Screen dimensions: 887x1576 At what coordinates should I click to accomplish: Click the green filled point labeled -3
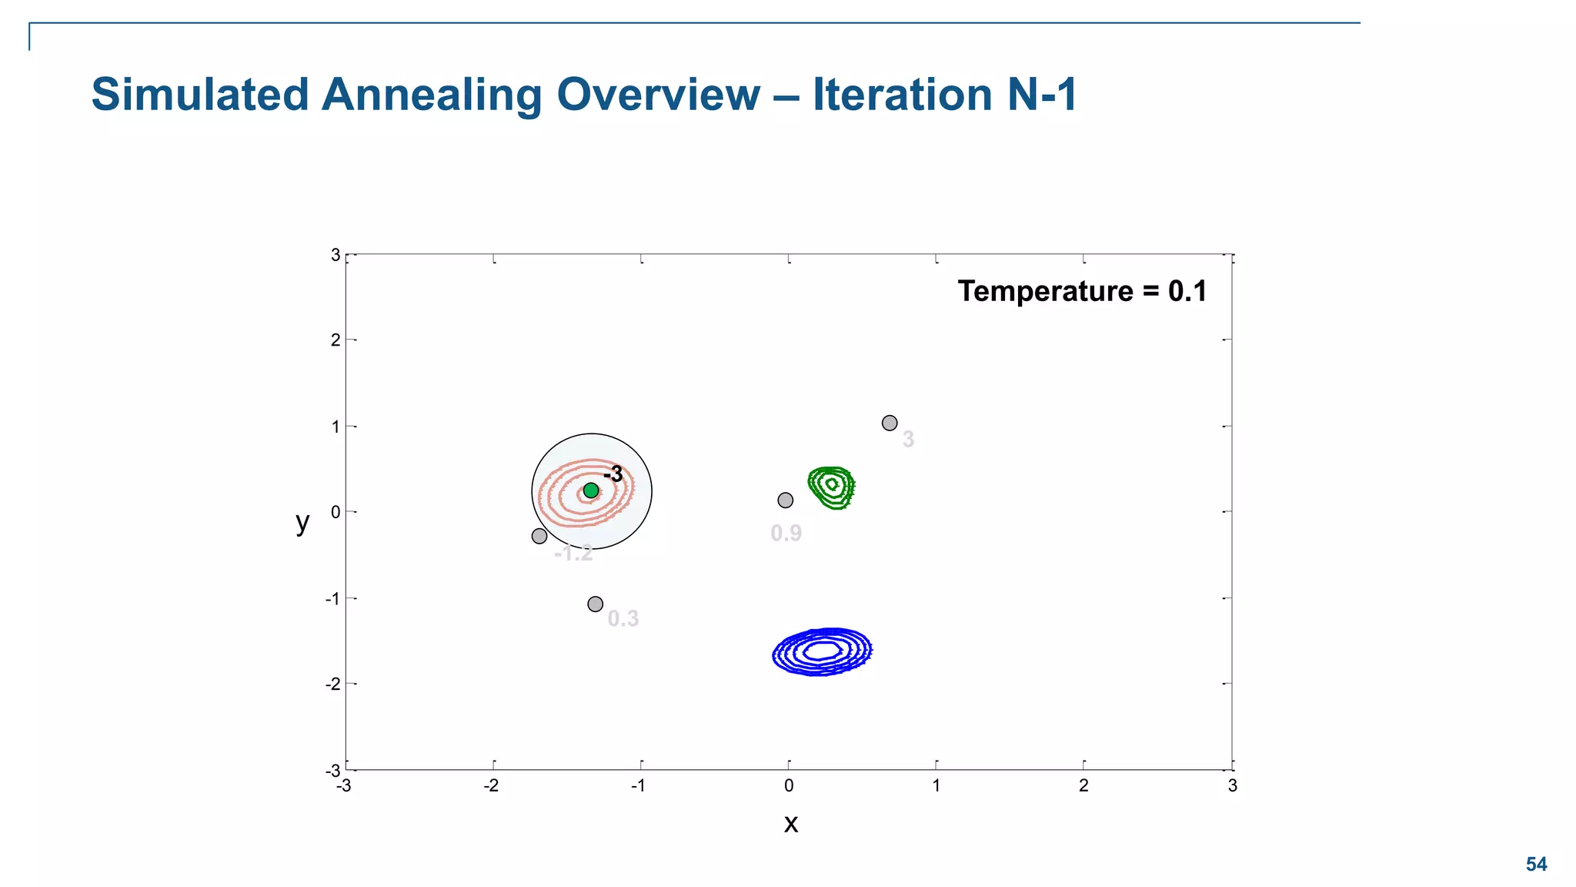click(591, 490)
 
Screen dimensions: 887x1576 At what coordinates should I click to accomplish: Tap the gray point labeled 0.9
click(785, 500)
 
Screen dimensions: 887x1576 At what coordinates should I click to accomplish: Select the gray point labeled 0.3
click(595, 604)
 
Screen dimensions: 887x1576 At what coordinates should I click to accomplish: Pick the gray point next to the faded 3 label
click(890, 423)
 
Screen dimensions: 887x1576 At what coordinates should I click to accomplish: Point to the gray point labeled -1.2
click(539, 536)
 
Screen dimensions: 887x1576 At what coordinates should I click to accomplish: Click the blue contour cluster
click(822, 652)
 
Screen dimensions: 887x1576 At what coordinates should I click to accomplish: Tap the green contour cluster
click(831, 487)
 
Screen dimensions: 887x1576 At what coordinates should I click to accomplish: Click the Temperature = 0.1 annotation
click(1082, 291)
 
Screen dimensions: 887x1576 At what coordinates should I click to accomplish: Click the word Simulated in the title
click(200, 95)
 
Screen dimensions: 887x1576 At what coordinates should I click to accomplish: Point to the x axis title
click(790, 824)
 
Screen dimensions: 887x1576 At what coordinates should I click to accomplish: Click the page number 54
click(1536, 864)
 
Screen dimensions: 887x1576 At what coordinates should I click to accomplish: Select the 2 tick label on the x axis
click(1083, 786)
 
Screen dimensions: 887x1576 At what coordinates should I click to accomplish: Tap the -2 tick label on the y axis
click(332, 684)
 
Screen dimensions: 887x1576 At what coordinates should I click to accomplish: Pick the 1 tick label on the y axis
click(336, 427)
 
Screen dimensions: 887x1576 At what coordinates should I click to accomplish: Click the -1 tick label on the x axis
click(638, 786)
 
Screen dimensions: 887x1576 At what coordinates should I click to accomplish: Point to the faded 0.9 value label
click(786, 533)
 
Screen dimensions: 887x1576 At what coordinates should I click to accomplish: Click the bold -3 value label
click(613, 474)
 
